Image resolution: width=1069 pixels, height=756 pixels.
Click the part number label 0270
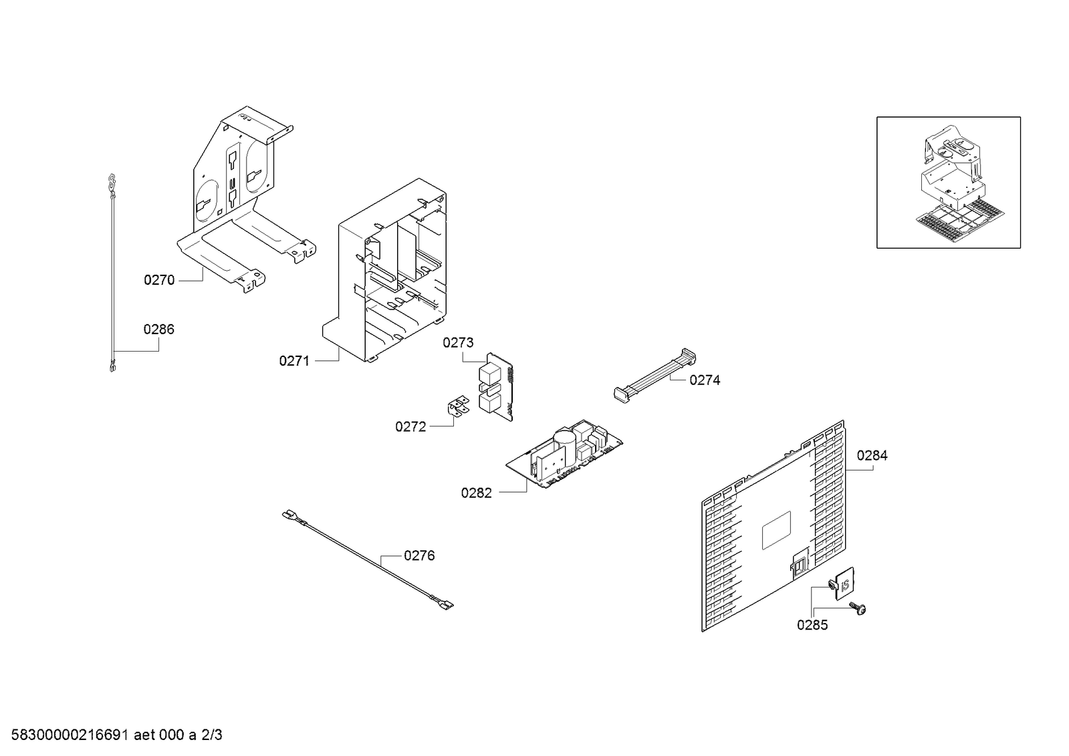tap(159, 280)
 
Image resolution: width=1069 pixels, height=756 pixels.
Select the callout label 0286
tap(158, 330)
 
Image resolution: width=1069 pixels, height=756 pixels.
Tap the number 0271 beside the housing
tap(294, 362)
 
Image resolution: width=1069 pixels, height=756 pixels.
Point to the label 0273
tap(458, 343)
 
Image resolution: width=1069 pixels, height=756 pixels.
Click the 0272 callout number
tap(410, 426)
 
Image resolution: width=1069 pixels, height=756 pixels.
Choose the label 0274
tap(705, 380)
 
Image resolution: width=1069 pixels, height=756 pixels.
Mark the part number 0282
tap(476, 493)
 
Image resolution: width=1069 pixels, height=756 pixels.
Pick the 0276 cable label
tap(419, 556)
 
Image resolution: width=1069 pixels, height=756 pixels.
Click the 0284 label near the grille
tap(872, 456)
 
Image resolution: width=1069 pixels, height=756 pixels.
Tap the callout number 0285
tap(812, 626)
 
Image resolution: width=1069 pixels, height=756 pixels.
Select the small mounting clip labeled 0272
tap(458, 408)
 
